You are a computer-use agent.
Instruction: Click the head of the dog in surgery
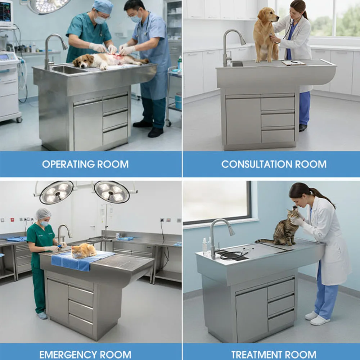82,62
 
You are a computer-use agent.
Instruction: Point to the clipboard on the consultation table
294,62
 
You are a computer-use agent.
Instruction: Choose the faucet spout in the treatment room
231,230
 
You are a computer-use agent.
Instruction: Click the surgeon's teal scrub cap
103,6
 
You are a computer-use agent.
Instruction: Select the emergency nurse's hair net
43,213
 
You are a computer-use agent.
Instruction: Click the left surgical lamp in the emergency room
57,192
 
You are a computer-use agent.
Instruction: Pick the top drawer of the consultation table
278,104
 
